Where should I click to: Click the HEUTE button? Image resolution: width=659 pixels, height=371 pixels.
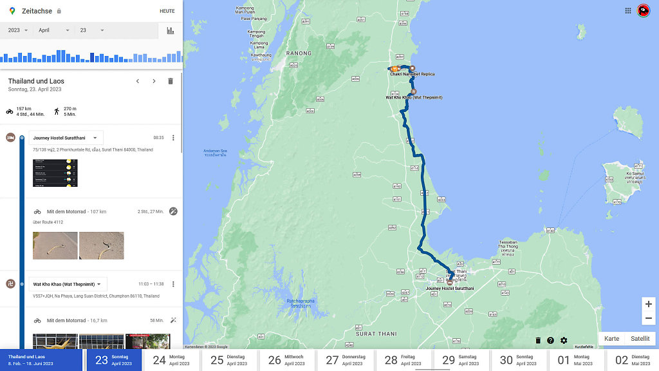167,11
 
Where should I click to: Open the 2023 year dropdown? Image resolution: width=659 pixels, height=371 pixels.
17,30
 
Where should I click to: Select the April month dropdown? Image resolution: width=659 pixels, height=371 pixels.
53,30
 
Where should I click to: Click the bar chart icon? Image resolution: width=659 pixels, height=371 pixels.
171,30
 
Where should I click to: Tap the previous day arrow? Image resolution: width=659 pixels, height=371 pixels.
137,81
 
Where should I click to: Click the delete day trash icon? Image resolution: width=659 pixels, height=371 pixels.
171,81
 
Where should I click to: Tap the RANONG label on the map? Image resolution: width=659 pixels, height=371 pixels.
299,53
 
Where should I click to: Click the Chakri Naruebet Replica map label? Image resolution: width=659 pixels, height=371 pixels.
412,74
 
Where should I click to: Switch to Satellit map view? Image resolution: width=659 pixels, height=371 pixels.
640,339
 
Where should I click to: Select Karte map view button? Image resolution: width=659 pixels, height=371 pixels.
611,339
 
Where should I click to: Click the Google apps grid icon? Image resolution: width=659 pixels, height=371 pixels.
628,10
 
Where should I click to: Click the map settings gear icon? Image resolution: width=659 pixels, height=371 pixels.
564,341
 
